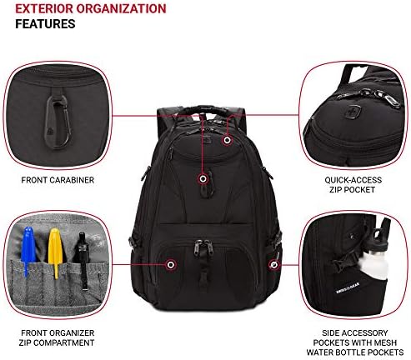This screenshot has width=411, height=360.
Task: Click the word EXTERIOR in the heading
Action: point(43,8)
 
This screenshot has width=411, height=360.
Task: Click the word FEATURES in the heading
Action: point(45,24)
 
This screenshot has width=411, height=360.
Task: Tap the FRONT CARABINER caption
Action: point(58,180)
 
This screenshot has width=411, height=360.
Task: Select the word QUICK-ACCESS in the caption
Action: point(353,180)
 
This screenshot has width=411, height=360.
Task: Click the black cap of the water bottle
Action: point(379,235)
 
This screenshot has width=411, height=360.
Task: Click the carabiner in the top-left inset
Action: point(58,122)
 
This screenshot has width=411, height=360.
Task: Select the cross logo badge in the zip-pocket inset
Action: point(353,112)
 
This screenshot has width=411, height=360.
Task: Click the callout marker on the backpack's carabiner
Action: point(203,178)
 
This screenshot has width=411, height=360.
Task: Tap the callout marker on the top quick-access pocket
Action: point(227,140)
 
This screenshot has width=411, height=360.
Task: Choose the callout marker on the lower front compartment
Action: point(171,265)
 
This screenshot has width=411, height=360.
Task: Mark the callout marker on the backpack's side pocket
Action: point(273,265)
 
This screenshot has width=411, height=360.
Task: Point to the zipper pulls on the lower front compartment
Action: point(203,247)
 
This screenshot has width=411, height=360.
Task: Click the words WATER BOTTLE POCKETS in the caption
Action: point(355,352)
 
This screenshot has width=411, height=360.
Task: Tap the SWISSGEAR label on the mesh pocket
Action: point(348,288)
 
